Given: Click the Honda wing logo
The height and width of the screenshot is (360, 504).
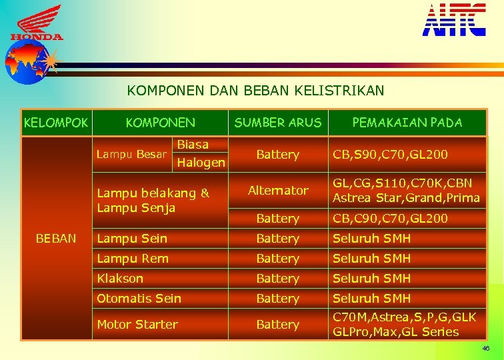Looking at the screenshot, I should (x=37, y=23).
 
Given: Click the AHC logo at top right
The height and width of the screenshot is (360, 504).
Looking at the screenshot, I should (x=454, y=19).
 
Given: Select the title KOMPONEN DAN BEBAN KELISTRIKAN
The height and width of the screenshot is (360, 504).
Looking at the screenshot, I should (x=256, y=90).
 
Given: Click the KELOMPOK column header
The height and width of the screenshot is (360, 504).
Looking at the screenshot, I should (x=55, y=123).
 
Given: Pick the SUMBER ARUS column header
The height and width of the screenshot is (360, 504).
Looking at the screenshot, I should (x=277, y=123).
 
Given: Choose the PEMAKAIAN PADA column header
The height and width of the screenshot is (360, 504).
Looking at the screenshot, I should (x=407, y=123).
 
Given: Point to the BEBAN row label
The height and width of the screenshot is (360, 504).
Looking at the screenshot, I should (x=55, y=238).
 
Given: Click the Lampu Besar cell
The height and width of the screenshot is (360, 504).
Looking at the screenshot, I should (x=131, y=155).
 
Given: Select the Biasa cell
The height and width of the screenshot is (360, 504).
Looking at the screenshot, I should (x=193, y=145).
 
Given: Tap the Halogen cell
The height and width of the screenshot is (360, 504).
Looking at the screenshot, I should (x=201, y=162).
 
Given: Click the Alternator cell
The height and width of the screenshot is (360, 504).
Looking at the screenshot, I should (x=278, y=191).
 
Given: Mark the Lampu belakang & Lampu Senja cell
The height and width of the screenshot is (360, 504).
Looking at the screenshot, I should (x=153, y=200).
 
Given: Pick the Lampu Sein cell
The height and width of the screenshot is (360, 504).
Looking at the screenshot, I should (x=132, y=238).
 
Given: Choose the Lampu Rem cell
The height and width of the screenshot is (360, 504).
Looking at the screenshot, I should (x=133, y=258).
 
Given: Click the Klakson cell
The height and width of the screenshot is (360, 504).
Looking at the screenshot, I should (x=120, y=278).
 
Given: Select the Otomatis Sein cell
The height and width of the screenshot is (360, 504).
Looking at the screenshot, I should (x=139, y=298).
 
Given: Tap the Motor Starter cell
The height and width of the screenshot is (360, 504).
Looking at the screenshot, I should (x=137, y=325).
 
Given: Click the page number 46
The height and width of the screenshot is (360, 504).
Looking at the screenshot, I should (x=486, y=349).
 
